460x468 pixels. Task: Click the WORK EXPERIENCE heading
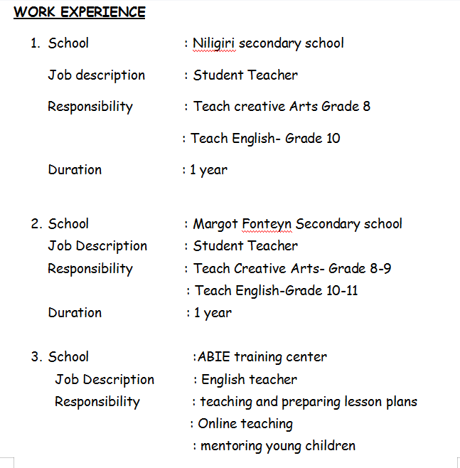pyautogui.click(x=80, y=12)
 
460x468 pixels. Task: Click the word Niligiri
pyautogui.click(x=214, y=43)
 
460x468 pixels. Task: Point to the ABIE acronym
pyautogui.click(x=214, y=357)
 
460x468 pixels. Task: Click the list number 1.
pyautogui.click(x=34, y=43)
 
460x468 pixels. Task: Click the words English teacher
pyautogui.click(x=249, y=380)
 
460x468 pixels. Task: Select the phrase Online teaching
pyautogui.click(x=245, y=424)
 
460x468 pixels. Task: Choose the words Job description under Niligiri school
pyautogui.click(x=96, y=75)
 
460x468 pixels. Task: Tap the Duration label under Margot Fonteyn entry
pyautogui.click(x=75, y=313)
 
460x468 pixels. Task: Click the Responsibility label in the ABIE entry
pyautogui.click(x=97, y=402)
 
